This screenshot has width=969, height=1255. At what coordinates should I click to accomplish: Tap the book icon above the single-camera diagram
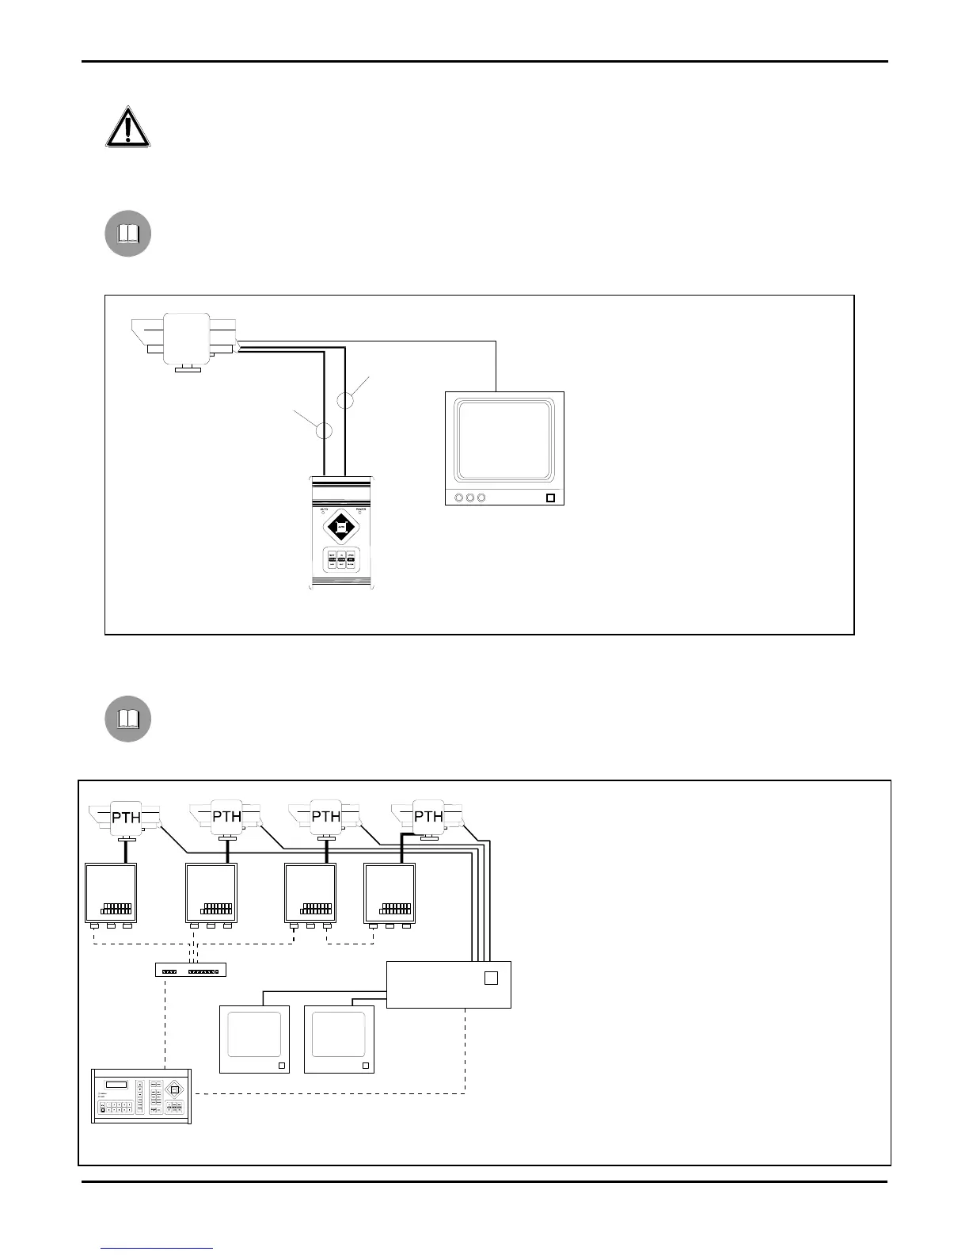coord(128,234)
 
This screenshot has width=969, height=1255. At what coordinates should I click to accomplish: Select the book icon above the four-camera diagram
coord(128,719)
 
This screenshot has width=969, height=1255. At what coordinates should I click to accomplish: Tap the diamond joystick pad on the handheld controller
coord(341,525)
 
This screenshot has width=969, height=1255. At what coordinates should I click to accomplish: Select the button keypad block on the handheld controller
coord(341,559)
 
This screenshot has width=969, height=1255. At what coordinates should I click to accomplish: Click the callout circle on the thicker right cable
coord(346,400)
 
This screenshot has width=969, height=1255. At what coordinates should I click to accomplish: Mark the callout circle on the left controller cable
coord(324,431)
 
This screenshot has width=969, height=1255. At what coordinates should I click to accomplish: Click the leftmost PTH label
coord(127,817)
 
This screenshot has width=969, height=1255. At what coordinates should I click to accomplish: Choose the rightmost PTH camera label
coord(428,817)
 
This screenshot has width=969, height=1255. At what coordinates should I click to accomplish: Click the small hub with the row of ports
coord(191,969)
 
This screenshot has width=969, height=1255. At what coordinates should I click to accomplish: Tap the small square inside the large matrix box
coord(491,978)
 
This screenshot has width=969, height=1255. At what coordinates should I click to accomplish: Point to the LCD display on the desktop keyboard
coord(116,1085)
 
